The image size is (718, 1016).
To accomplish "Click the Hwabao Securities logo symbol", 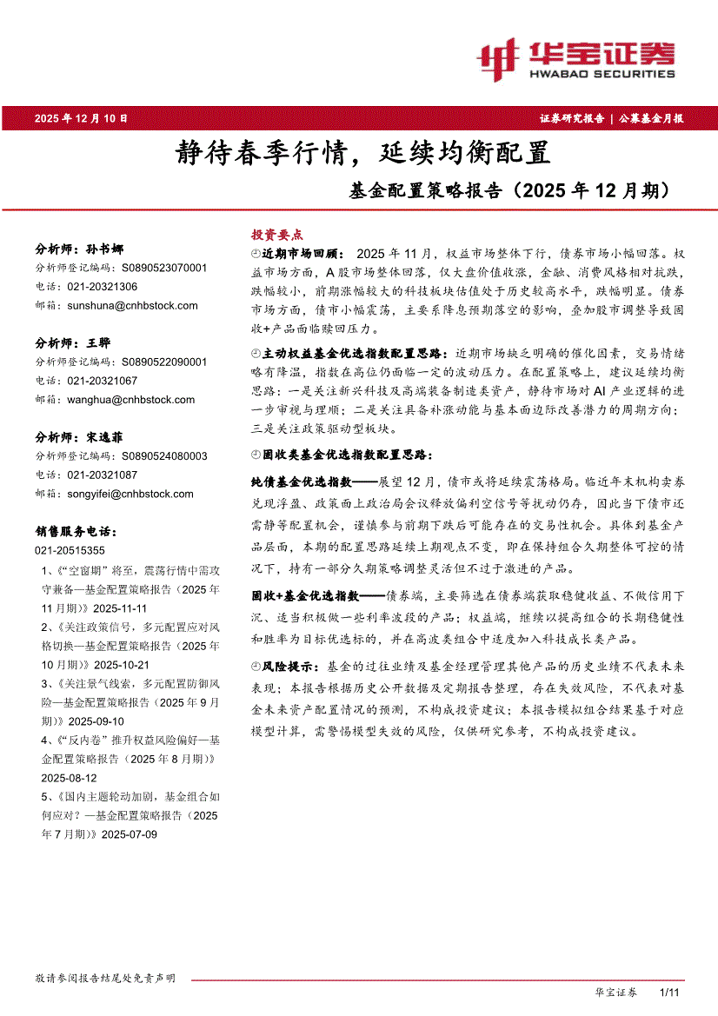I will tap(498, 57).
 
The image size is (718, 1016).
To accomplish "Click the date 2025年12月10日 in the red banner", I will tap(82, 117).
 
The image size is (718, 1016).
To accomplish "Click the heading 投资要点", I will tap(277, 235).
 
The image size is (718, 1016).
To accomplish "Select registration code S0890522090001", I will tap(164, 362).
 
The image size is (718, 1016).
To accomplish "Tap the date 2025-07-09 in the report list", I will tap(130, 833).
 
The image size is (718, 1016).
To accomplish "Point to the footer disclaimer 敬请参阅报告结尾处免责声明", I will tap(104, 979).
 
